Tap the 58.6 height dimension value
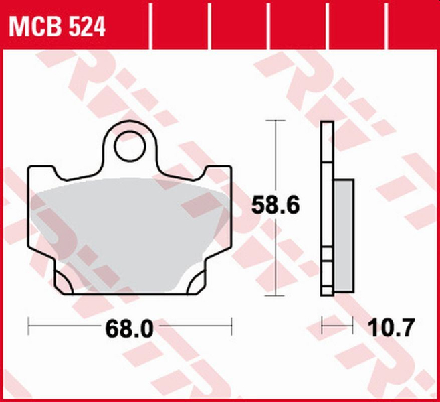pyautogui.click(x=274, y=205)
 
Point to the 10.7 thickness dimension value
pyautogui.click(x=391, y=328)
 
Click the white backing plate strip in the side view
pyautogui.click(x=326, y=208)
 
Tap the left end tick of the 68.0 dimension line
pyautogui.click(x=29, y=328)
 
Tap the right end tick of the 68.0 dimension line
pyautogui.click(x=231, y=328)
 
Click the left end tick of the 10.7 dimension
pyautogui.click(x=322, y=328)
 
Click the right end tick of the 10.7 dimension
pyautogui.click(x=352, y=328)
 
